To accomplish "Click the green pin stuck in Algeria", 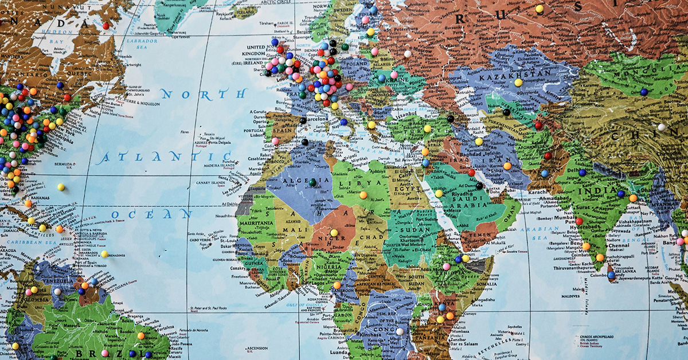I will pos(312,182).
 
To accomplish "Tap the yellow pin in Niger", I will pos(334,233).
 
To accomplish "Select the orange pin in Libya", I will pos(363,195).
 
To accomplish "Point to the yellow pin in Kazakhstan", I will pos(518,83).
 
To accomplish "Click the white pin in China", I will pos(662,127).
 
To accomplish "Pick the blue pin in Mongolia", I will pos(644,92).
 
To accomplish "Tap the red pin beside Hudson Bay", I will pos(105,26).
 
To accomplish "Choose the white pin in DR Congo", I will pos(399,331).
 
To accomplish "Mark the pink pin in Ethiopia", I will pos(446,267).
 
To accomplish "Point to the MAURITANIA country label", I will pos(257,223).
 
